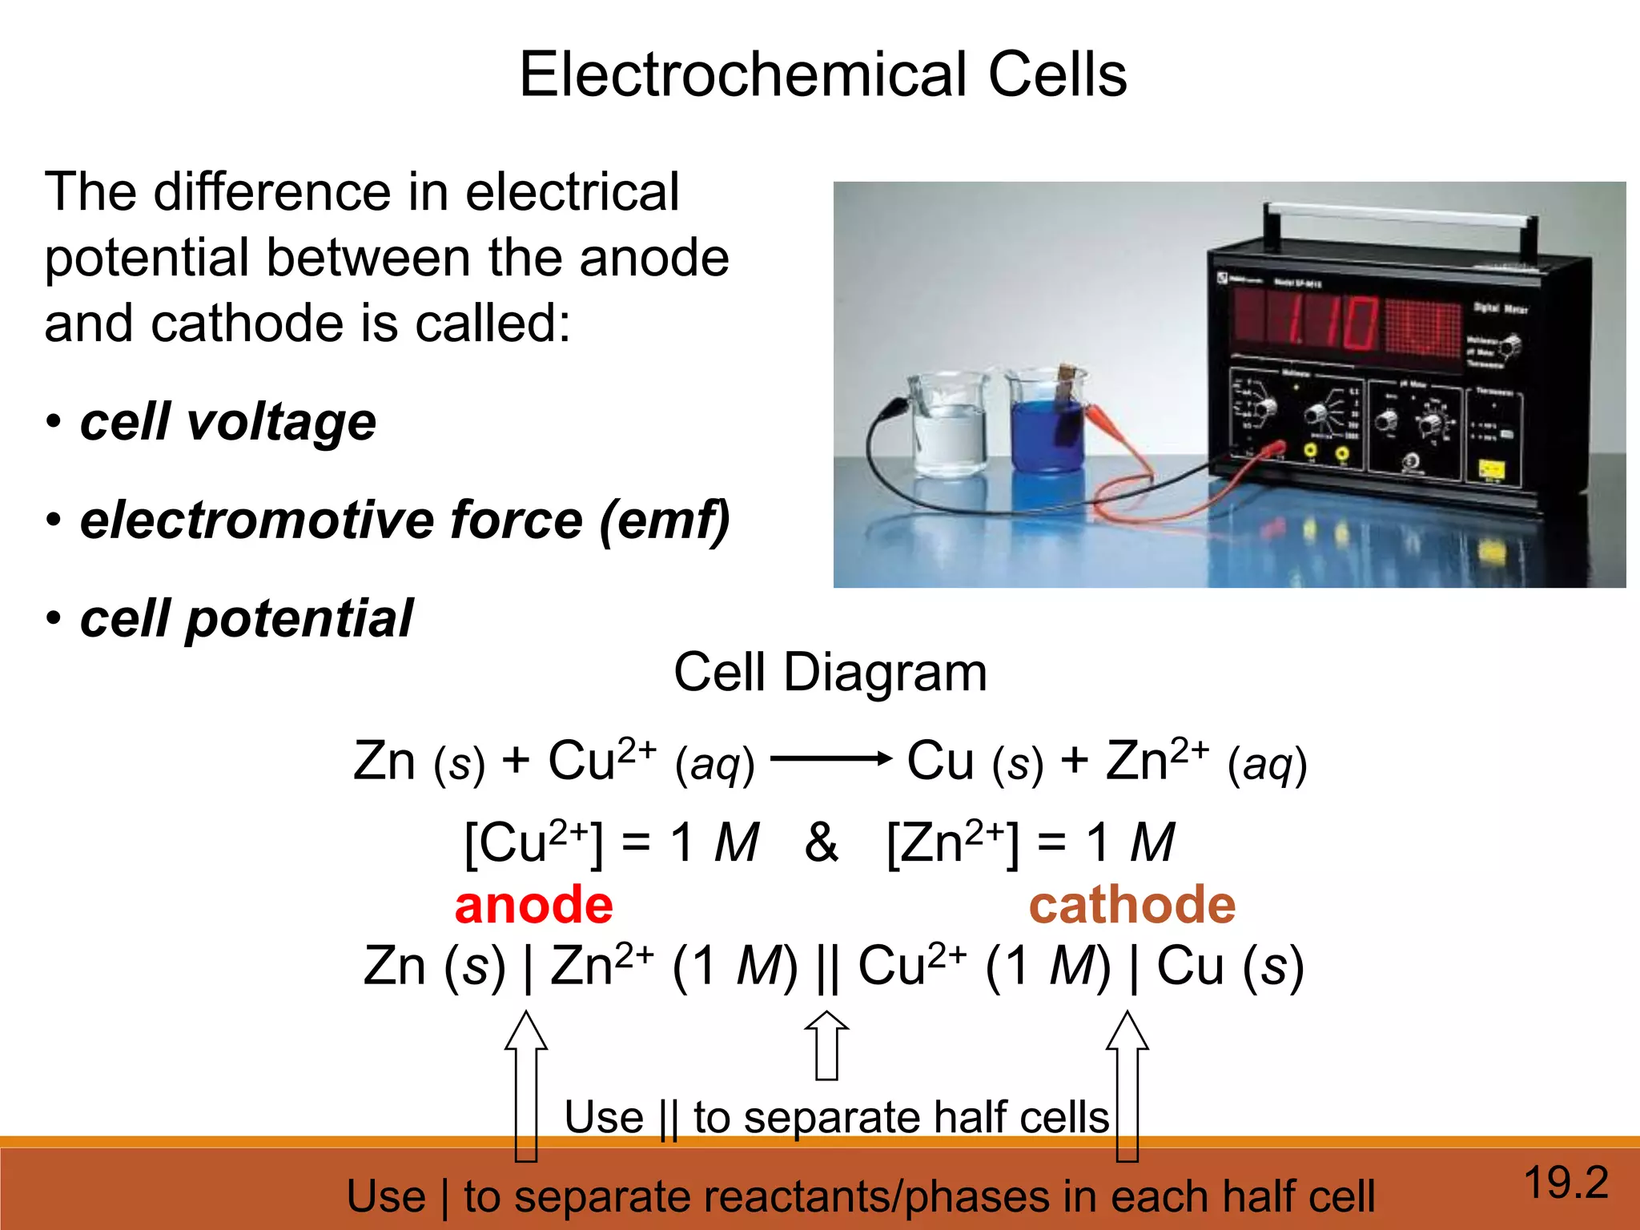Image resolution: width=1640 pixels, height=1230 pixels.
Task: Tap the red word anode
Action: [x=533, y=905]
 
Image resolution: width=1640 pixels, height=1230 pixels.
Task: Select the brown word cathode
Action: [x=1132, y=905]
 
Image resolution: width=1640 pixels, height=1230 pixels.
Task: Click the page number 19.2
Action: [x=1566, y=1183]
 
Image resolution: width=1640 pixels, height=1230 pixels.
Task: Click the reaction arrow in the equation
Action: [x=831, y=758]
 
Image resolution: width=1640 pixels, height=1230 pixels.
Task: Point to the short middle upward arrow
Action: [x=826, y=1045]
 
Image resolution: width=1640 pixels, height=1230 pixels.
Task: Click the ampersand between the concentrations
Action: [x=821, y=842]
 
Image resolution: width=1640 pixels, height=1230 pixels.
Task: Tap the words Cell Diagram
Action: [x=830, y=672]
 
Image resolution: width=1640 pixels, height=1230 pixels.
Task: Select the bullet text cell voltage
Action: [x=228, y=422]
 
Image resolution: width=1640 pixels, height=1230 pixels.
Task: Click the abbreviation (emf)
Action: [x=664, y=521]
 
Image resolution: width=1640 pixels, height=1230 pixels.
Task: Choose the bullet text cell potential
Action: [x=246, y=619]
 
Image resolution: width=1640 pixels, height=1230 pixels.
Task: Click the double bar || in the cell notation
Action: [x=828, y=967]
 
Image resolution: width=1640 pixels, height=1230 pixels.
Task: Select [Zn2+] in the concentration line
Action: [x=954, y=842]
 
